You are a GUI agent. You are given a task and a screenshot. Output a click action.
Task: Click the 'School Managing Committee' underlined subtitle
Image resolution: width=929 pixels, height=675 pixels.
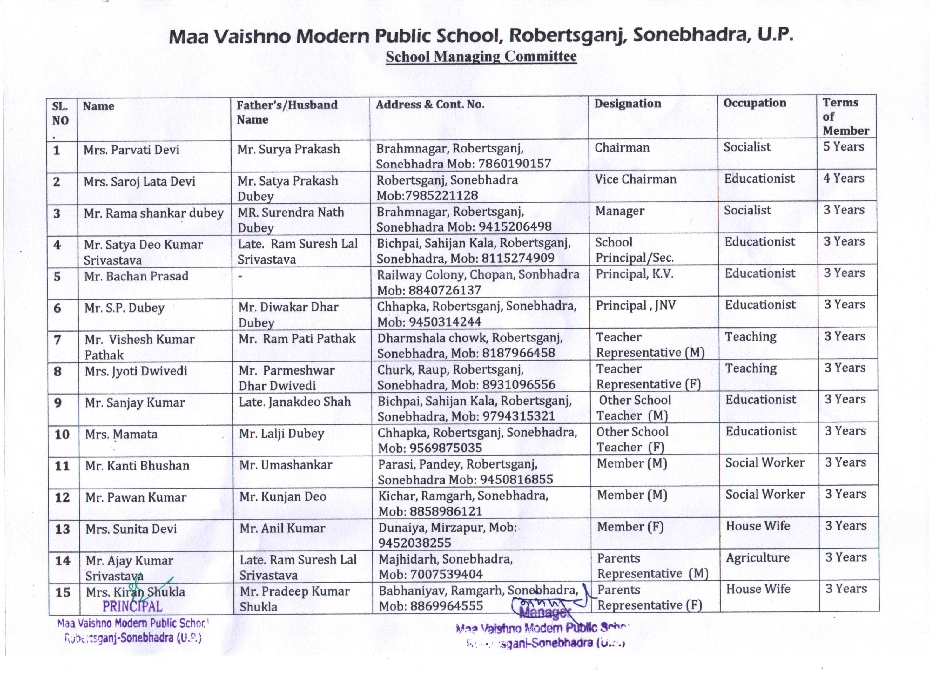[481, 57]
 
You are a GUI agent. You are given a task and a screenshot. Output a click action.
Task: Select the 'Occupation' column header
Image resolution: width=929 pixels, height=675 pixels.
[755, 103]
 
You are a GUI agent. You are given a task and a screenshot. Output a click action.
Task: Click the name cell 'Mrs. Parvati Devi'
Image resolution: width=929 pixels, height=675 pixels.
[131, 150]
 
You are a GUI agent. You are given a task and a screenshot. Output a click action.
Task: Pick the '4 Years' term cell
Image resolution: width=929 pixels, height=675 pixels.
[844, 179]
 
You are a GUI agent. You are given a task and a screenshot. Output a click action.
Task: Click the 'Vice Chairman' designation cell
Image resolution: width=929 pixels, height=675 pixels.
[635, 179]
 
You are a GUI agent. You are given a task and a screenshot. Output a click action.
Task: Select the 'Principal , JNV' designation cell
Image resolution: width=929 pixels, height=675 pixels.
[635, 306]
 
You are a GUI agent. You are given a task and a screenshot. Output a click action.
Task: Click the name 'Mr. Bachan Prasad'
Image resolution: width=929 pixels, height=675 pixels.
[136, 276]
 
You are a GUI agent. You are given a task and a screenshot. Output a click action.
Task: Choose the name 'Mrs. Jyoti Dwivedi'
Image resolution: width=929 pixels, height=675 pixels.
[136, 371]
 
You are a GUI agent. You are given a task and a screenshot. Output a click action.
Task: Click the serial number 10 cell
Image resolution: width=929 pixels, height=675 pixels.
[62, 435]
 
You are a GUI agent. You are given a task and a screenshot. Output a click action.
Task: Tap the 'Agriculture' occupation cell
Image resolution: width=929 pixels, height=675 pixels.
[757, 558]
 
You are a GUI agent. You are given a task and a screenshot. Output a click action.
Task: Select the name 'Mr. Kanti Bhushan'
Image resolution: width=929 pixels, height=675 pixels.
[137, 466]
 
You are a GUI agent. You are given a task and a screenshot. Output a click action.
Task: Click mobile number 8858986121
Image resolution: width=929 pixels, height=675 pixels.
[445, 512]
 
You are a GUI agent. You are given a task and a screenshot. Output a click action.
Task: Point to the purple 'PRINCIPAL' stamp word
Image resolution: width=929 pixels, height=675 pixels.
[132, 607]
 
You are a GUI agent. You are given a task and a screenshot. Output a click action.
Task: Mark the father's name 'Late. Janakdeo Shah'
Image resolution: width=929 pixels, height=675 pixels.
[294, 402]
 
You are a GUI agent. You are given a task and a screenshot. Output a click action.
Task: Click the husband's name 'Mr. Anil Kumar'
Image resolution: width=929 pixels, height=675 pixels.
[282, 528]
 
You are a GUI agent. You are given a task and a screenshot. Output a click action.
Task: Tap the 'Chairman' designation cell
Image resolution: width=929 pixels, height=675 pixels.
[622, 147]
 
